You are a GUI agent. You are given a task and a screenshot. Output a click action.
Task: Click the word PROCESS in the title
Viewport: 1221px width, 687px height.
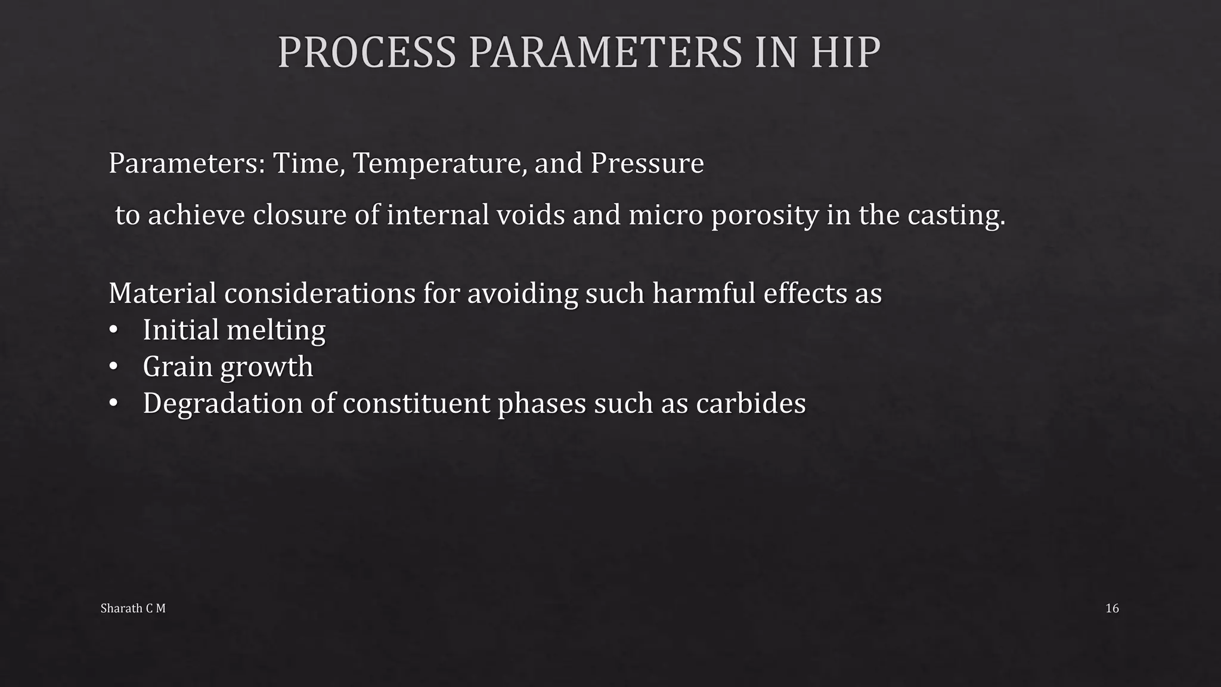tap(367, 52)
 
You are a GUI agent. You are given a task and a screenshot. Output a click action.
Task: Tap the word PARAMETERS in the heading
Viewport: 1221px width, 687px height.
tap(605, 52)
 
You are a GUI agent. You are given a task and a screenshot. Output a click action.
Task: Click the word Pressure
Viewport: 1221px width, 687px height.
tap(647, 163)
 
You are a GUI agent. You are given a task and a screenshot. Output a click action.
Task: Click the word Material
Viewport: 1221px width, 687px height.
tap(162, 293)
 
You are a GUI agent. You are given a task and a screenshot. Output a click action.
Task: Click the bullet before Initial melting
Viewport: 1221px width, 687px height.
tap(113, 330)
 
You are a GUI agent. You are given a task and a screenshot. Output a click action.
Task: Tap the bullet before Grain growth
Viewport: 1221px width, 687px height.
tap(113, 367)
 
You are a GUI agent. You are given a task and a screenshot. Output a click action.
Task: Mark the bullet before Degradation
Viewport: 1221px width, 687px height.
tap(113, 404)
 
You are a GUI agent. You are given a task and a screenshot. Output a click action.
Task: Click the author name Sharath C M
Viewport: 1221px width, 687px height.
tap(133, 608)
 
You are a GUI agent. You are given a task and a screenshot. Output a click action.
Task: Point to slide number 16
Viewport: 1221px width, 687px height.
tap(1112, 608)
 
